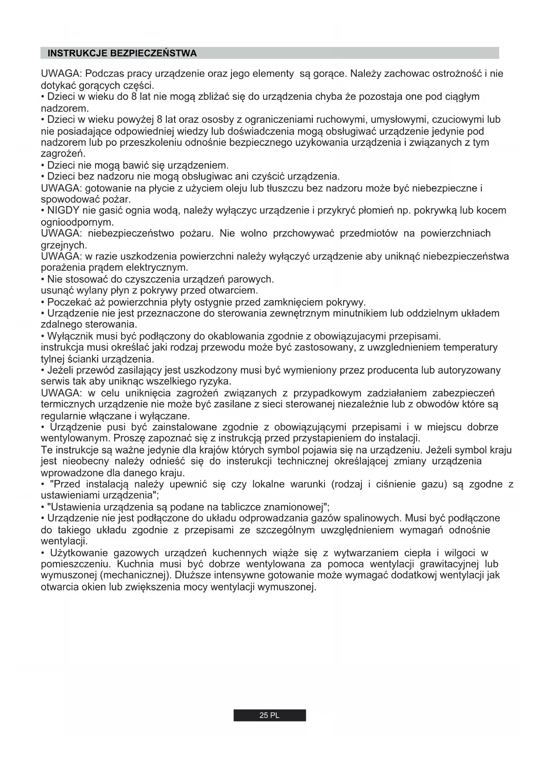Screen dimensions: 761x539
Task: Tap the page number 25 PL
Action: click(x=269, y=715)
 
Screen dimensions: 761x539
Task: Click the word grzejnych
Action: click(x=63, y=245)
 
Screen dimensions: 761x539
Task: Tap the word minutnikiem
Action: click(x=360, y=313)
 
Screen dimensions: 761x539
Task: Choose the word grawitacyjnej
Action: click(x=450, y=564)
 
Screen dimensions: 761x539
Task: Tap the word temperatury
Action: click(x=471, y=348)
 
